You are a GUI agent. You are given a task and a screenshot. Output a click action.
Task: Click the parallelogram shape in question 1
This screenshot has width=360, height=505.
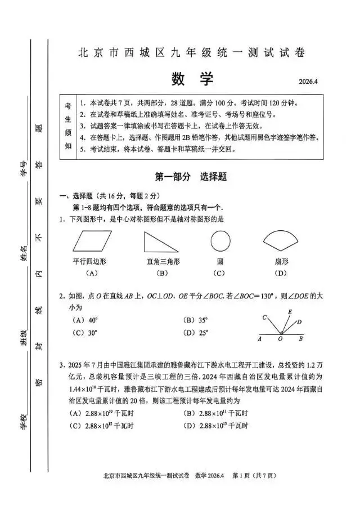coord(92,242)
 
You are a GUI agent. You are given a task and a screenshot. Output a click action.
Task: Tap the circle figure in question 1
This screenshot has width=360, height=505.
coord(220,242)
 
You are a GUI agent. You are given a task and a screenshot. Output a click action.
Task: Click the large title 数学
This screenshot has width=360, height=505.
coord(192,79)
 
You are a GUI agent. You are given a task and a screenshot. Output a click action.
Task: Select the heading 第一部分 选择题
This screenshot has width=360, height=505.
coord(191,176)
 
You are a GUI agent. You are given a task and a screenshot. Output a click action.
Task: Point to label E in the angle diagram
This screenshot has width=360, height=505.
coord(290,312)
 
